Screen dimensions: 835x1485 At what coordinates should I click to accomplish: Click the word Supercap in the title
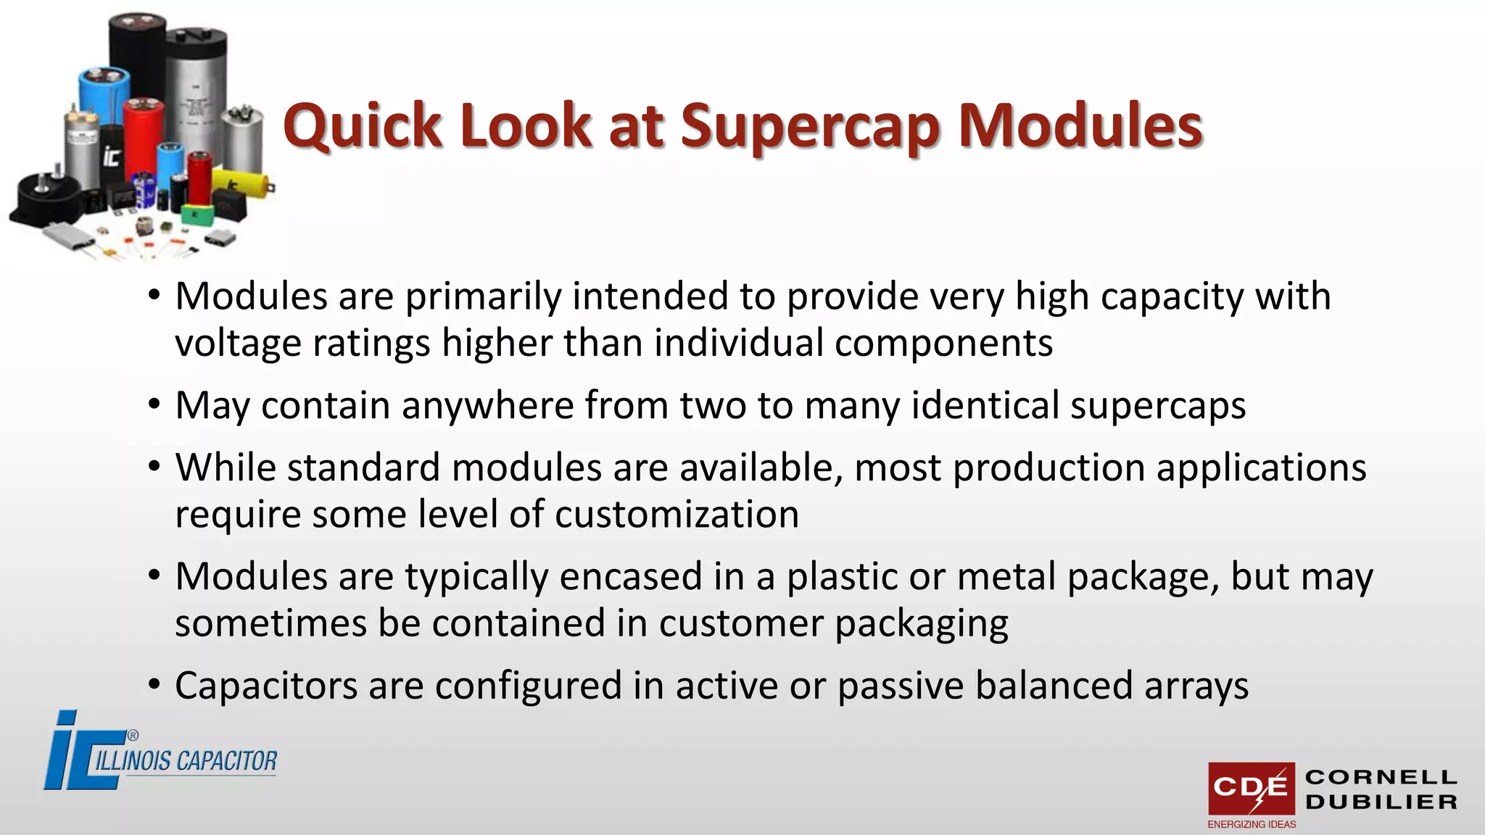point(809,126)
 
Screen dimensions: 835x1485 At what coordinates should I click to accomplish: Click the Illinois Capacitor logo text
point(186,760)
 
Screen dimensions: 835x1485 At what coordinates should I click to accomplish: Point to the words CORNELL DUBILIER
point(1381,789)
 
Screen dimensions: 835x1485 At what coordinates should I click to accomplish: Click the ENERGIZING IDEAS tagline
point(1252,824)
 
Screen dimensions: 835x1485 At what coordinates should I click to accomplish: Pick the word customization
point(677,515)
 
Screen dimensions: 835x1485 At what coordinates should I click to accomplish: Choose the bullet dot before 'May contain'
point(154,404)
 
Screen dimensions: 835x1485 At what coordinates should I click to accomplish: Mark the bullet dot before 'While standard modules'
point(154,467)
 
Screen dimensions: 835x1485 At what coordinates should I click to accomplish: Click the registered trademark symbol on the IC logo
point(133,736)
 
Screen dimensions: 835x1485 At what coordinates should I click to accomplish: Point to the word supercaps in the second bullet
point(1158,405)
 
